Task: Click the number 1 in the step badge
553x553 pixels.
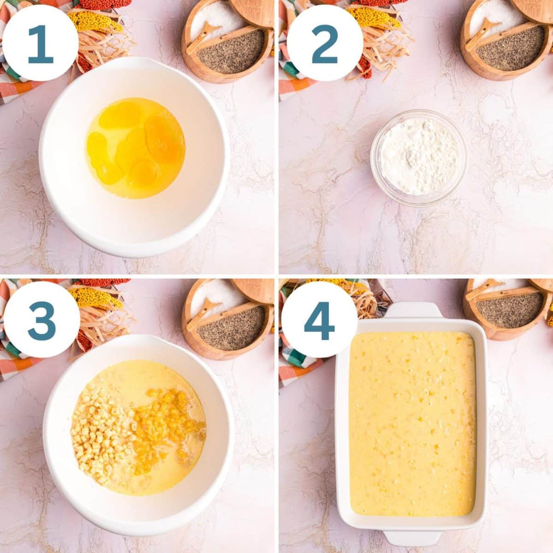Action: [x=40, y=43]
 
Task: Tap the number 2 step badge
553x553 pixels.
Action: [x=324, y=43]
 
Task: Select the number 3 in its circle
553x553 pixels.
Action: [x=41, y=319]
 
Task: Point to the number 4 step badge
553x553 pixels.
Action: [x=319, y=321]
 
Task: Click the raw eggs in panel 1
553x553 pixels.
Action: [x=136, y=147]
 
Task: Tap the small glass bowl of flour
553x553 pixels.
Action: [x=418, y=157]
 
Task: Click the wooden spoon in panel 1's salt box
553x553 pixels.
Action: [x=205, y=37]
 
